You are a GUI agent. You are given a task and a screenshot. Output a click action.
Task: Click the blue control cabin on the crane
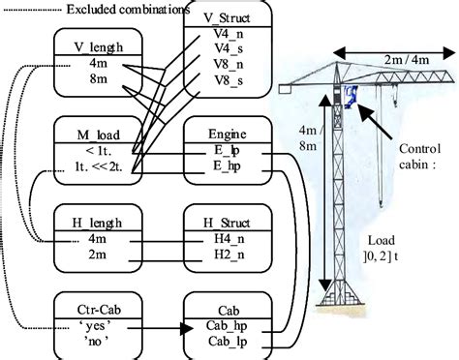[349, 94]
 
